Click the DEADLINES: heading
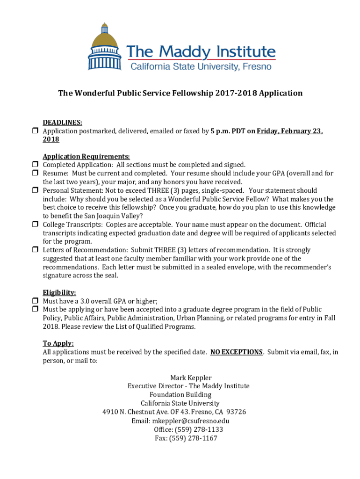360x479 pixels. click(x=63, y=123)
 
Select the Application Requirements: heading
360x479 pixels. click(x=86, y=156)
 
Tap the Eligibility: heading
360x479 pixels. click(x=59, y=293)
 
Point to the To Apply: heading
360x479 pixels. click(x=58, y=343)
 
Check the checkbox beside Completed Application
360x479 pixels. click(x=35, y=165)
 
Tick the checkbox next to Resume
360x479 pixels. click(x=35, y=174)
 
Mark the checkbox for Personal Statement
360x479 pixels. click(x=35, y=191)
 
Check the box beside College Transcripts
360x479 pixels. click(x=35, y=225)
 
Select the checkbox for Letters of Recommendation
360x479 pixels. click(x=35, y=250)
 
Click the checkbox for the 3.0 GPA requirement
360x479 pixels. click(x=35, y=301)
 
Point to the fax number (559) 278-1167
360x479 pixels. click(x=195, y=438)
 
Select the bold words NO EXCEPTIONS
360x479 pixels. click(x=237, y=352)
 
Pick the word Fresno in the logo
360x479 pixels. click(x=256, y=66)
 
